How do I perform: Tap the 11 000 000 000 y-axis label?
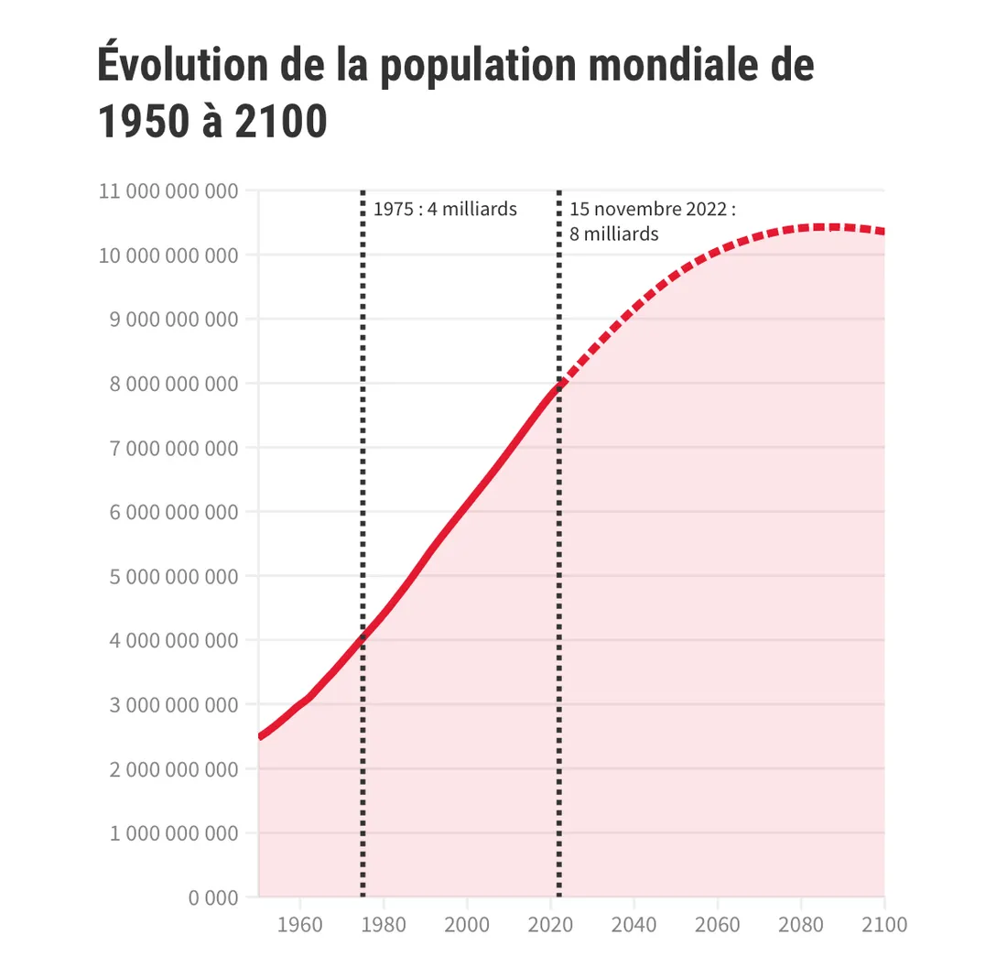pyautogui.click(x=168, y=191)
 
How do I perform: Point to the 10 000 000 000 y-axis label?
pyautogui.click(x=168, y=256)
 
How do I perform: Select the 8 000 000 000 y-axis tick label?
pyautogui.click(x=168, y=384)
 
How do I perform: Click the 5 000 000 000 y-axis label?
pyautogui.click(x=168, y=577)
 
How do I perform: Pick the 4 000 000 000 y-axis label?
pyautogui.click(x=168, y=641)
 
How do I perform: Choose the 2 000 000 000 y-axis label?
pyautogui.click(x=168, y=769)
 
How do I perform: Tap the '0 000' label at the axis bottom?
pyautogui.click(x=213, y=897)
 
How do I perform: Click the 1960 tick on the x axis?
pyautogui.click(x=299, y=924)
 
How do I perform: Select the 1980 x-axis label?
pyautogui.click(x=384, y=924)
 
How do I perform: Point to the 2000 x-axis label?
pyautogui.click(x=467, y=924)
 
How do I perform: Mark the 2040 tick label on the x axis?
pyautogui.click(x=633, y=924)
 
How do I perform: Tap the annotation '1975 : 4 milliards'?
pyautogui.click(x=445, y=210)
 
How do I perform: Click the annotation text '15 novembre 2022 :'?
pyautogui.click(x=652, y=210)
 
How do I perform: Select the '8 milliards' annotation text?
pyautogui.click(x=613, y=234)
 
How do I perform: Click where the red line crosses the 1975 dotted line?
pyautogui.click(x=363, y=637)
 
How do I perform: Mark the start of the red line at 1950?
pyautogui.click(x=260, y=736)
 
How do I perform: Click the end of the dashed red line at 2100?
pyautogui.click(x=883, y=232)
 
